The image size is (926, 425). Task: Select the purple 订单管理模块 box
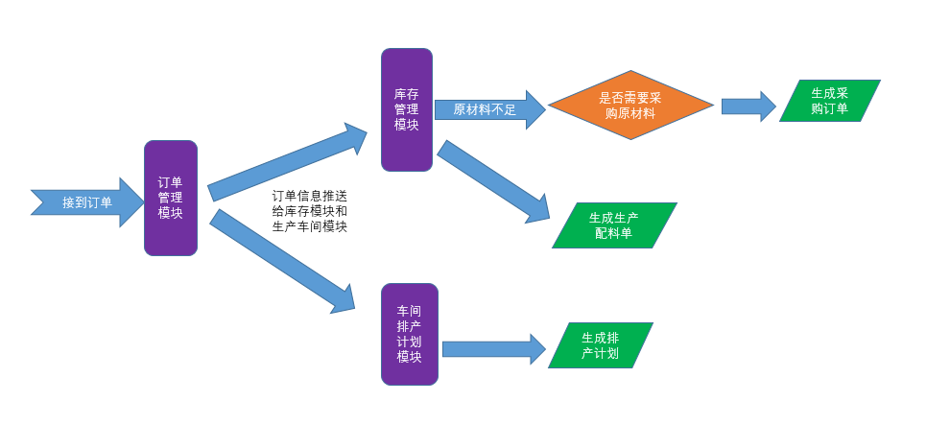171,198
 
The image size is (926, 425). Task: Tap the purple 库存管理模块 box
406,109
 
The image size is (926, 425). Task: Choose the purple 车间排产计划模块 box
410,334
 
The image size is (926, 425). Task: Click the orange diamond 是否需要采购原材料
630,105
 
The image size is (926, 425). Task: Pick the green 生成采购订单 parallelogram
829,101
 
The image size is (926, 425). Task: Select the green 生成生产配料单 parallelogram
614,225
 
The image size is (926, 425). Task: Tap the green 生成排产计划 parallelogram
600,345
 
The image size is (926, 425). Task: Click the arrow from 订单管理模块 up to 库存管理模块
288,161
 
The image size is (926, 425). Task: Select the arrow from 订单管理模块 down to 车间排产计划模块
283,261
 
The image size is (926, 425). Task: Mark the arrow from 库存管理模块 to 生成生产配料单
494,182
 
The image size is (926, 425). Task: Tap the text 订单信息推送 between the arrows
310,195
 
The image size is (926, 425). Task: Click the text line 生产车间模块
310,227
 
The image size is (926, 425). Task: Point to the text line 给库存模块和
310,211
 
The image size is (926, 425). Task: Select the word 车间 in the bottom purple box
410,311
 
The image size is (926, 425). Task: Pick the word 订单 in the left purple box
171,182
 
